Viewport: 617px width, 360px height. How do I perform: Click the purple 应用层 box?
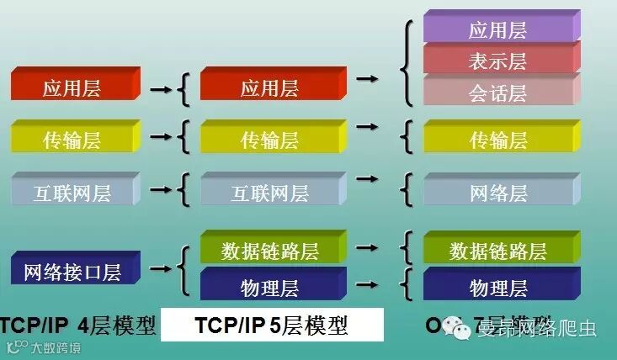pos(497,30)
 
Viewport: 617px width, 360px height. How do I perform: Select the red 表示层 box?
pos(497,61)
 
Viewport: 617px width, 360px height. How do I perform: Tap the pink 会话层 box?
pos(497,93)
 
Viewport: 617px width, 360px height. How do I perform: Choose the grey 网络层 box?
pos(497,193)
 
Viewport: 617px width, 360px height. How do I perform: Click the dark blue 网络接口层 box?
pos(72,272)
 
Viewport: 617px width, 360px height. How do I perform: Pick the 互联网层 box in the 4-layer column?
pos(72,193)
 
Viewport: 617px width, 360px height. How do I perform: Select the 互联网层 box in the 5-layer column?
pos(269,193)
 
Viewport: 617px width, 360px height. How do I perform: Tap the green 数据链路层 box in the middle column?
pos(269,250)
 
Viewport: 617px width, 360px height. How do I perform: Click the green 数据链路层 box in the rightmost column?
pos(497,250)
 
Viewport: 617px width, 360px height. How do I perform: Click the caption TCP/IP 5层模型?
pos(271,325)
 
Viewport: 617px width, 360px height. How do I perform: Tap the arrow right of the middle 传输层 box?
pos(366,127)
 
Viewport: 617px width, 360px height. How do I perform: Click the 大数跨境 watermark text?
pos(49,347)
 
